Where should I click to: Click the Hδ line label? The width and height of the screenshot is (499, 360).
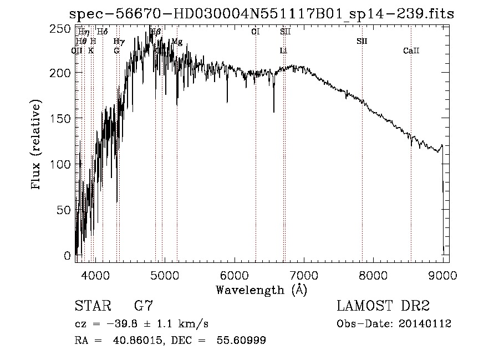tap(102, 32)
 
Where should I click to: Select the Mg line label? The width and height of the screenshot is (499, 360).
tap(177, 41)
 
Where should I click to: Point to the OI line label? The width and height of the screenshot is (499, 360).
tap(255, 32)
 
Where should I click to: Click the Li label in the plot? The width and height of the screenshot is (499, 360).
tap(283, 51)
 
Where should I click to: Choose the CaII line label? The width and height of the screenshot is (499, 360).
tap(411, 51)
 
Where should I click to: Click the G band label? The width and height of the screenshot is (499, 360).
tap(116, 51)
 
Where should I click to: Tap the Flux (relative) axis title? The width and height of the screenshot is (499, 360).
tap(37, 146)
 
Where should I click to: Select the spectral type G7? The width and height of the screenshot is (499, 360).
tap(143, 306)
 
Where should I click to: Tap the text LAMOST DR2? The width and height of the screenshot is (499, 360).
tap(383, 306)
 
